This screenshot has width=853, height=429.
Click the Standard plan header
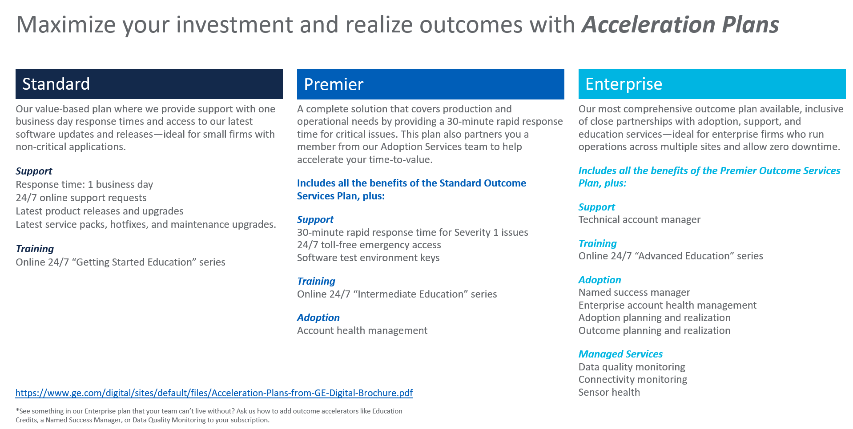click(x=149, y=84)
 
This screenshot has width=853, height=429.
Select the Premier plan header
click(x=431, y=84)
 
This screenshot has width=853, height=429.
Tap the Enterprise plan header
click(x=712, y=84)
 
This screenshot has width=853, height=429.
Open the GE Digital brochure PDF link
click(x=214, y=393)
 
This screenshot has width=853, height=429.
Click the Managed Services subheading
click(x=620, y=354)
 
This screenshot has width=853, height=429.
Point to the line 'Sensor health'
click(x=609, y=392)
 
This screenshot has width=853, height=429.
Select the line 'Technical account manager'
click(x=640, y=219)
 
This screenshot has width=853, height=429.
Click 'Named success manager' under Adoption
click(x=634, y=292)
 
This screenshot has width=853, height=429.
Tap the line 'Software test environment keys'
click(x=368, y=258)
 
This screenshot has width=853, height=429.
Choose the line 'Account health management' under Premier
click(x=362, y=330)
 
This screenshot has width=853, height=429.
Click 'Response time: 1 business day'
click(x=84, y=184)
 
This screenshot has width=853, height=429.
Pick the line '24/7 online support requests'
click(x=81, y=198)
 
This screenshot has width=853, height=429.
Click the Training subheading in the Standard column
click(x=35, y=249)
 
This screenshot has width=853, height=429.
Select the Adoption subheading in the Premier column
click(x=318, y=318)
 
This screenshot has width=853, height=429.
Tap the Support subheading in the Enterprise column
click(x=597, y=207)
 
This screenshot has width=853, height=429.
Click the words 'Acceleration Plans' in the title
click(x=680, y=24)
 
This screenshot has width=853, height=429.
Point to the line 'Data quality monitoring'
click(x=632, y=367)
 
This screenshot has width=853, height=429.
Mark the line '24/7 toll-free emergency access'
click(x=369, y=245)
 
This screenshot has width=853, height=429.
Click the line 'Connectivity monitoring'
click(x=633, y=379)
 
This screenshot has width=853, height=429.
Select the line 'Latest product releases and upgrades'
click(x=100, y=211)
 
